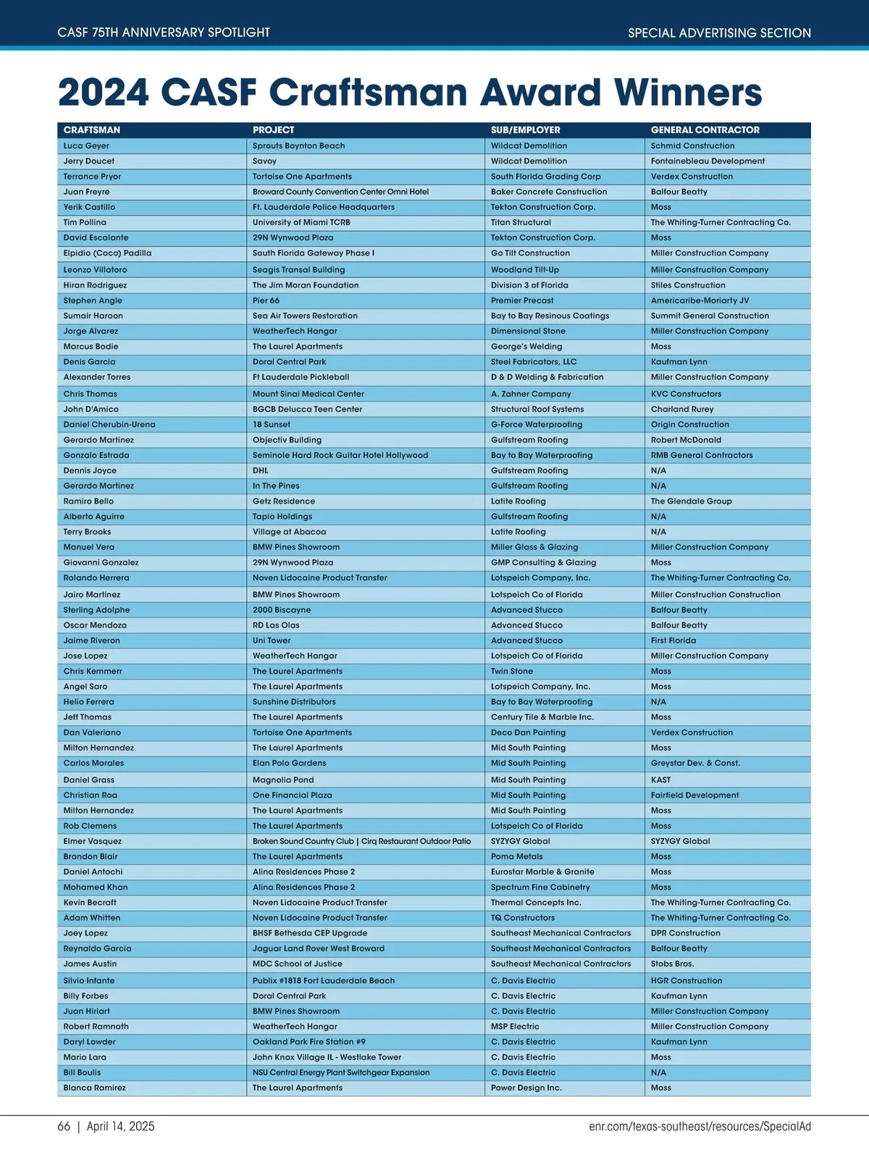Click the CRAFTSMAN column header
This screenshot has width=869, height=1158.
tap(92, 130)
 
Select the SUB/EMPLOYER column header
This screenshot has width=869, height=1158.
tap(526, 130)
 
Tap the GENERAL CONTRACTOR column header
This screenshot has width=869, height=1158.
tap(705, 130)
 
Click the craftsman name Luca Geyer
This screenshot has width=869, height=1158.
tap(86, 145)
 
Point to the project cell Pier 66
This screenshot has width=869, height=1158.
tap(266, 300)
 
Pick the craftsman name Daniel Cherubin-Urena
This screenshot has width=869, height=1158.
tap(109, 425)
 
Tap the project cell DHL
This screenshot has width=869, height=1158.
tap(261, 470)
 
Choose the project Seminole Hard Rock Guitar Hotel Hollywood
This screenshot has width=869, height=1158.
tap(340, 455)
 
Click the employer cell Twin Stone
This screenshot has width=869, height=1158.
tap(512, 671)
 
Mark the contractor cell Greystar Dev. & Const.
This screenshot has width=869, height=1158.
tap(695, 763)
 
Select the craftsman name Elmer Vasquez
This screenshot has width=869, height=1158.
tap(93, 841)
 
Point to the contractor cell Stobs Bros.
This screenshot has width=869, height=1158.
tap(672, 964)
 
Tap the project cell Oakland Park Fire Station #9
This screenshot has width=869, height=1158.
tap(309, 1041)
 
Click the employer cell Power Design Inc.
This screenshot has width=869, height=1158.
tap(526, 1088)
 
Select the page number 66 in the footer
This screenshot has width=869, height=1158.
tap(64, 1126)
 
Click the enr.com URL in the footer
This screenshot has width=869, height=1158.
tap(700, 1126)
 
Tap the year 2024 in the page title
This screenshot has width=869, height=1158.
tap(104, 93)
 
